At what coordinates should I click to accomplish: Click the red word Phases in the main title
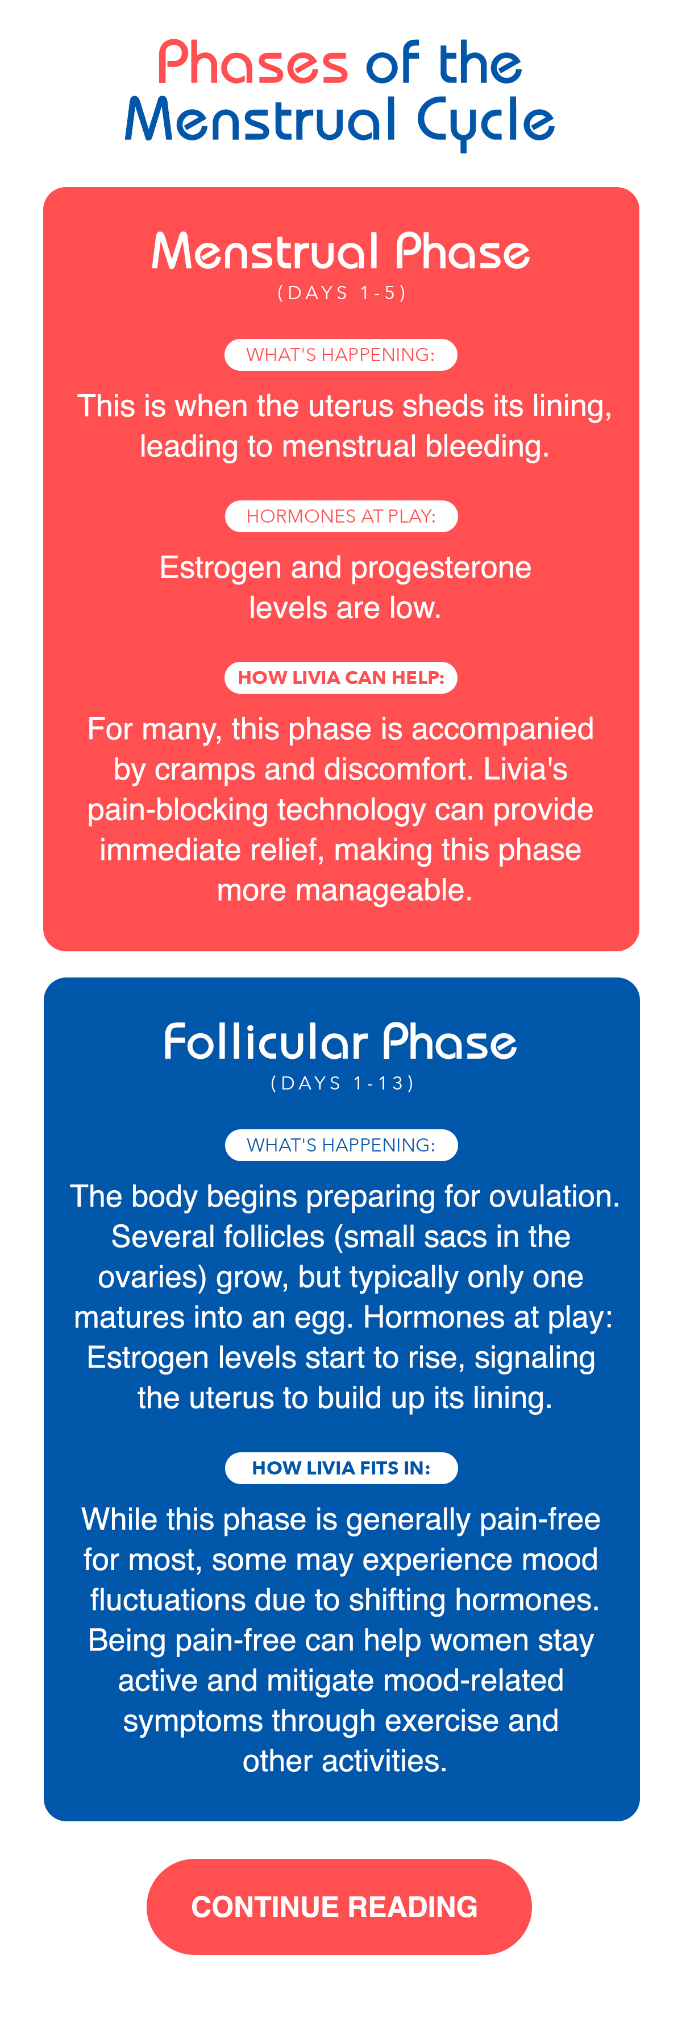(x=252, y=63)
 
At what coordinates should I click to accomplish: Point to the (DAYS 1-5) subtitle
(x=342, y=293)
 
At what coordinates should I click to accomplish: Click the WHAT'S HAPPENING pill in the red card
(x=341, y=354)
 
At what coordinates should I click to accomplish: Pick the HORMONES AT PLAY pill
(x=341, y=516)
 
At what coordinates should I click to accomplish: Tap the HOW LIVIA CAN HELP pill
(x=341, y=677)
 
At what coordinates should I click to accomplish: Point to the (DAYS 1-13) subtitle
(x=342, y=1083)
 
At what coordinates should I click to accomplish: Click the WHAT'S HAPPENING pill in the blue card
(x=341, y=1145)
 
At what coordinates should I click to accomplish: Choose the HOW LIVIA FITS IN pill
(x=341, y=1468)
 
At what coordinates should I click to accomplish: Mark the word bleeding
(x=487, y=448)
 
